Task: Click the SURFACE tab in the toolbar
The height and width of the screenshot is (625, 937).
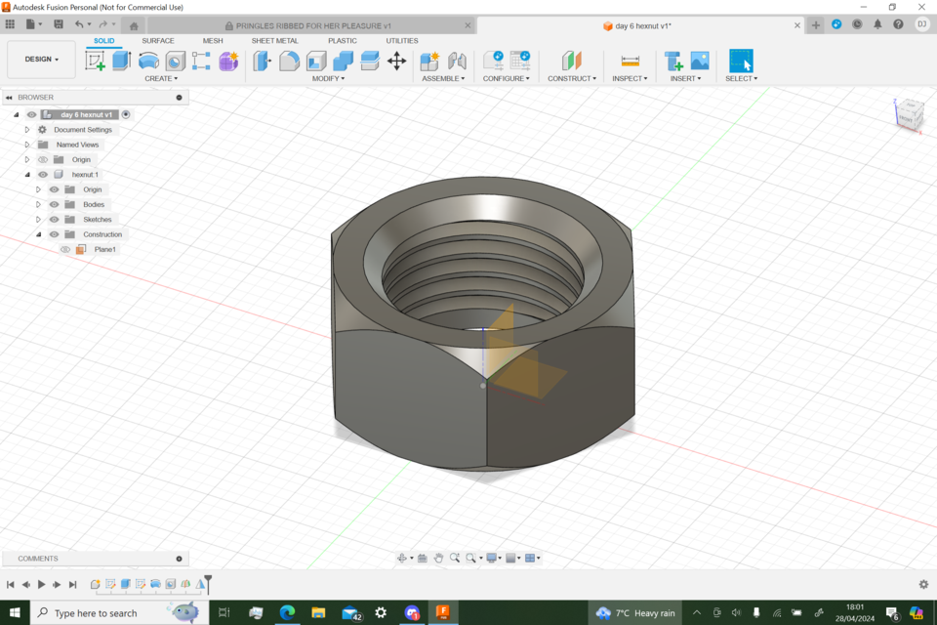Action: click(x=158, y=41)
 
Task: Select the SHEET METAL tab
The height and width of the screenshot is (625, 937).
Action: click(x=274, y=41)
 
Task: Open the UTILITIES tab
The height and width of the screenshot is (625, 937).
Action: click(x=401, y=41)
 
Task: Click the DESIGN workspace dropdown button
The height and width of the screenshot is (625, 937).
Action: click(x=41, y=60)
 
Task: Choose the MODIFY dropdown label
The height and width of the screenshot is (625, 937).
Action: click(x=328, y=78)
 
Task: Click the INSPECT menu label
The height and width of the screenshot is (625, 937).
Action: click(x=630, y=78)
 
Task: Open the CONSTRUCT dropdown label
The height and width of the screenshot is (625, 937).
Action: click(x=571, y=78)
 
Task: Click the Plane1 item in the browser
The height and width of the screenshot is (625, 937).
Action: click(x=104, y=250)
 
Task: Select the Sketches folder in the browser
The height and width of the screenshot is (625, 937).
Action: click(x=97, y=220)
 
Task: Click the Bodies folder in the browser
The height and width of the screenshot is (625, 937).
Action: click(x=94, y=205)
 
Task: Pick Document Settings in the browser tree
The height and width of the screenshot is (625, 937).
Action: click(x=83, y=130)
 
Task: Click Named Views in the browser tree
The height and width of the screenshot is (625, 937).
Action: click(x=77, y=145)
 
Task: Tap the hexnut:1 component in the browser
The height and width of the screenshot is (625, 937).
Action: click(x=85, y=175)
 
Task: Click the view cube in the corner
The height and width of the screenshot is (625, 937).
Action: click(x=908, y=113)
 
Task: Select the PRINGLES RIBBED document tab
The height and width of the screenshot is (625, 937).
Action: click(x=312, y=25)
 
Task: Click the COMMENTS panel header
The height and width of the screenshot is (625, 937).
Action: click(x=39, y=559)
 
